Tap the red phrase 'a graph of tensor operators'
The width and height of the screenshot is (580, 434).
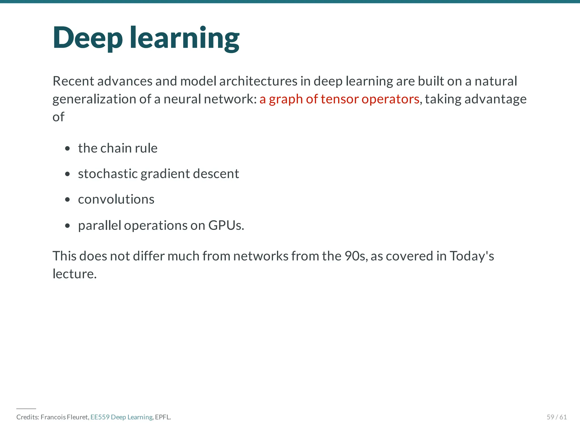click(x=339, y=99)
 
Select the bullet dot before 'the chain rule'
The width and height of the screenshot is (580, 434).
click(x=67, y=148)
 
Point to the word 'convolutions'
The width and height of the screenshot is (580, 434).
click(x=116, y=199)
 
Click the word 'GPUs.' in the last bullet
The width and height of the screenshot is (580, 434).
click(x=226, y=225)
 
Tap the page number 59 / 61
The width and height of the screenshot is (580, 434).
click(x=556, y=417)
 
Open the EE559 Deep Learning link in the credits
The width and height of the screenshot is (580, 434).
click(x=121, y=417)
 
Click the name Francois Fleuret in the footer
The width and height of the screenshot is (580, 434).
click(x=65, y=417)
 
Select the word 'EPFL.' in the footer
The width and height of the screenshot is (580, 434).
click(x=163, y=417)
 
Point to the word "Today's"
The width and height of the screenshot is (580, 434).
click(x=472, y=256)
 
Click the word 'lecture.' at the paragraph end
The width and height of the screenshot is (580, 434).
click(x=75, y=274)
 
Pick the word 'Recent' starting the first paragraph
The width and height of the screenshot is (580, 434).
click(x=73, y=81)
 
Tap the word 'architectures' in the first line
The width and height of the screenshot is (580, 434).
click(x=258, y=81)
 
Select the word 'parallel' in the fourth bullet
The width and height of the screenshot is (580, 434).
click(x=99, y=225)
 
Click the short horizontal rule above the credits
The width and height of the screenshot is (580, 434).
click(x=26, y=409)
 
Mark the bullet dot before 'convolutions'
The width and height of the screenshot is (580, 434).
click(x=67, y=200)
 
